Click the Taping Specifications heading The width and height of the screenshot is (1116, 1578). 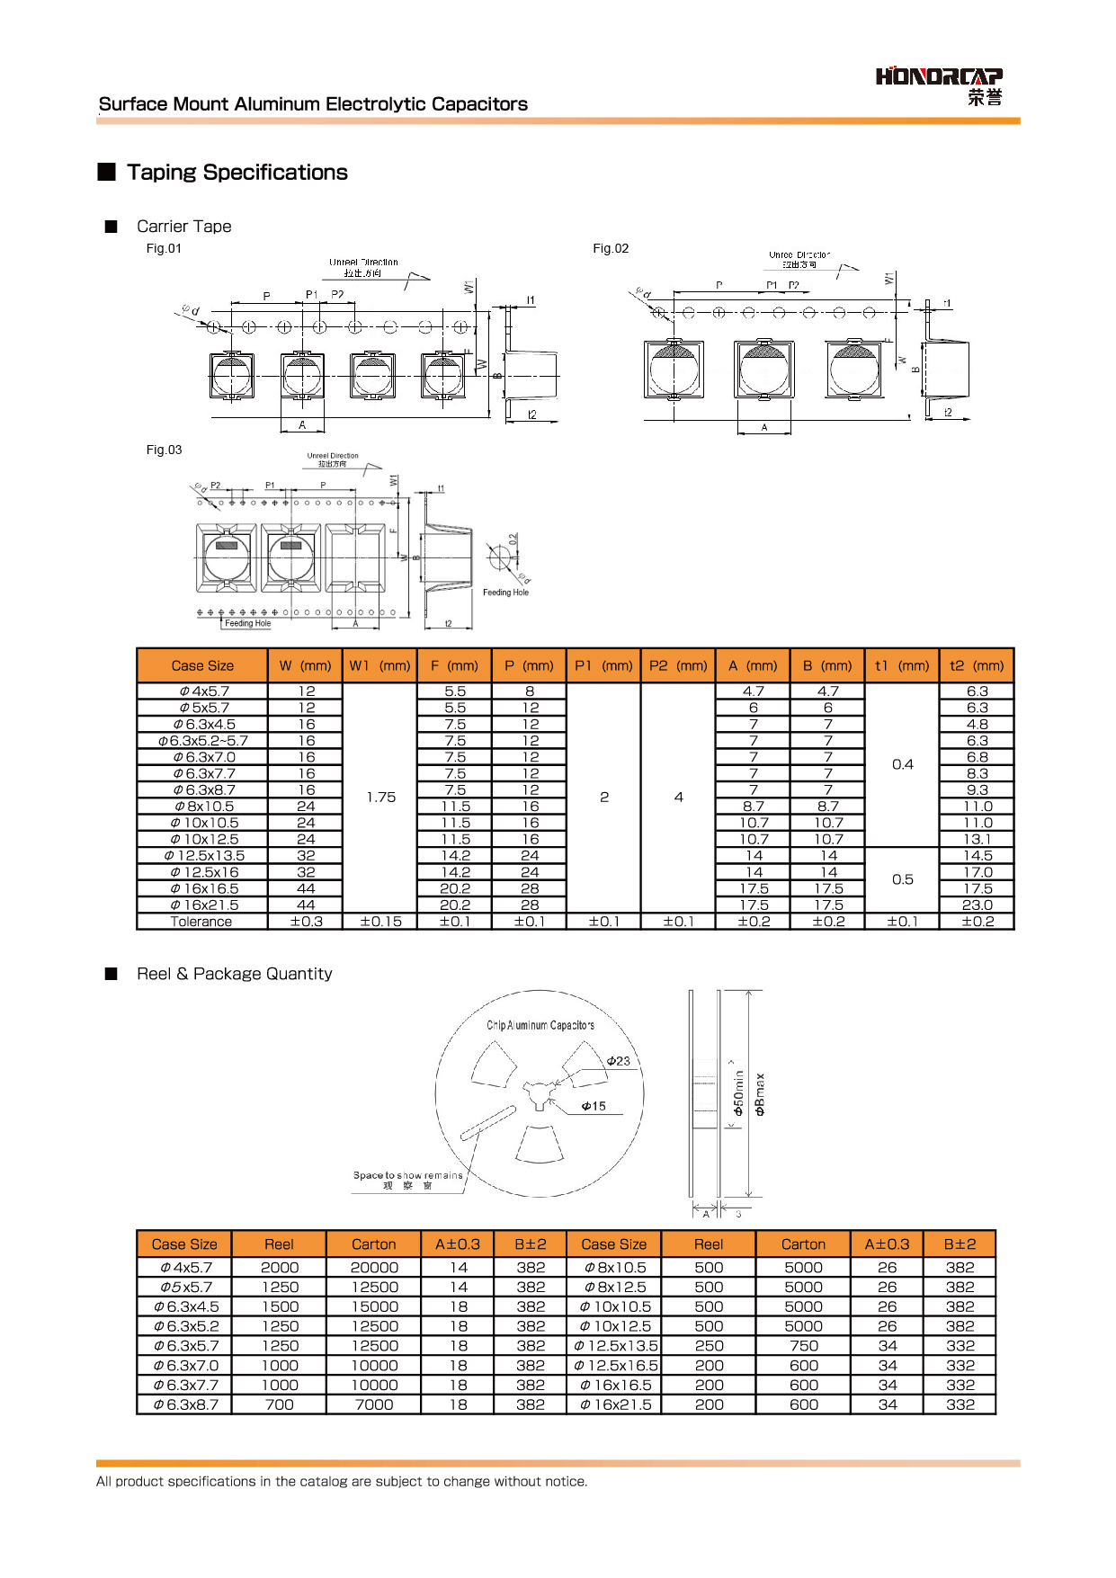237,173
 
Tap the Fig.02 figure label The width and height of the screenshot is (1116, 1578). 611,249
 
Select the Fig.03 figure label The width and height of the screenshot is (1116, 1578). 164,450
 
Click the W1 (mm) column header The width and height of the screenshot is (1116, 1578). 379,665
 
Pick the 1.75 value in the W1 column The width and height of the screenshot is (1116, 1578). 380,797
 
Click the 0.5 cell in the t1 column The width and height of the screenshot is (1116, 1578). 902,879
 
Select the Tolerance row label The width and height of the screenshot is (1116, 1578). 201,922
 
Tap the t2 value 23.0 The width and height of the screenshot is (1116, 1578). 977,905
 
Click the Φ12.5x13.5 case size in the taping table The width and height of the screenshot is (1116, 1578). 204,856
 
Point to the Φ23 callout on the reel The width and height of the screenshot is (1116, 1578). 619,1061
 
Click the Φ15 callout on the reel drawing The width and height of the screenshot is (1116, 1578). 594,1106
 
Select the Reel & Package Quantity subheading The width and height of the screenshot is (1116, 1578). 234,974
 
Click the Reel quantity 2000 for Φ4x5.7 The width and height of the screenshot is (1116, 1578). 279,1268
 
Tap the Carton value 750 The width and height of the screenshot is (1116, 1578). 803,1346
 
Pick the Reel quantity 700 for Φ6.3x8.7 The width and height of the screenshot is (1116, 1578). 279,1404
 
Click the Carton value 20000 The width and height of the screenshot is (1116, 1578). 373,1268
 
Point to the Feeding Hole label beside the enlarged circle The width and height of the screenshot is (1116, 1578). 505,593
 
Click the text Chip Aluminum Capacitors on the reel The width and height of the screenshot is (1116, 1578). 540,1025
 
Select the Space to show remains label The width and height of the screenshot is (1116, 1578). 407,1175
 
